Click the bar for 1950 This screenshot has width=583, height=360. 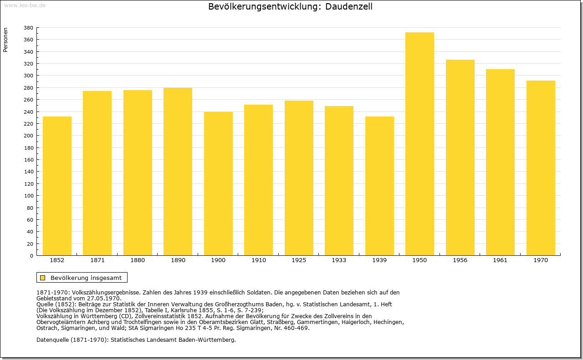419,144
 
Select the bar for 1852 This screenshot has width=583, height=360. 57,186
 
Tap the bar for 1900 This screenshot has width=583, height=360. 218,184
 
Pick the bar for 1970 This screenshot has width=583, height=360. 541,168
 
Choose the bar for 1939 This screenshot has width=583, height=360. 379,186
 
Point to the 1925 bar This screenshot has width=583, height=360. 299,178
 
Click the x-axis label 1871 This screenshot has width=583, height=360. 97,260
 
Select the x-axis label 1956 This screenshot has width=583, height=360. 460,260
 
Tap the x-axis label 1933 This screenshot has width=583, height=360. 339,260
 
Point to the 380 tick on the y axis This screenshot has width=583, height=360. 28,28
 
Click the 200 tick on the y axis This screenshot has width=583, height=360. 28,136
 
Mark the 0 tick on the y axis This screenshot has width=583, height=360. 31,256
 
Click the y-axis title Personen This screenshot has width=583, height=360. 5,40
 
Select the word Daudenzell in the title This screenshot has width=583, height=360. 349,6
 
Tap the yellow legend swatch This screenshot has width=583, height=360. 43,278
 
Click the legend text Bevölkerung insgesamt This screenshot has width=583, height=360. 86,278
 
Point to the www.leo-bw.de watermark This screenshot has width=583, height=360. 25,5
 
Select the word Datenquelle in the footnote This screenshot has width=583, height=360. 52,340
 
